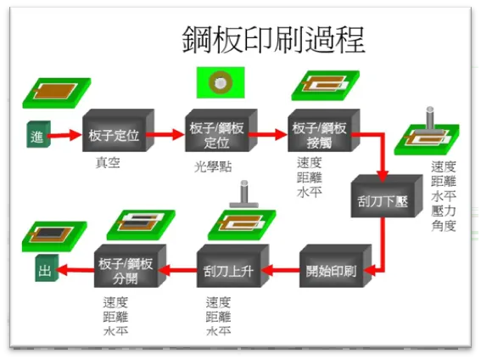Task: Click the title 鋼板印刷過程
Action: pyautogui.click(x=273, y=38)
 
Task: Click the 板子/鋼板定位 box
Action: pyautogui.click(x=216, y=133)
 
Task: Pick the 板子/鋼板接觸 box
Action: pyautogui.click(x=321, y=133)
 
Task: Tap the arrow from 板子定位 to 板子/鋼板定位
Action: pyautogui.click(x=169, y=134)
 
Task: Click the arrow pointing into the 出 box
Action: pyautogui.click(x=76, y=272)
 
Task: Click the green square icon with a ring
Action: pyautogui.click(x=221, y=82)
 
